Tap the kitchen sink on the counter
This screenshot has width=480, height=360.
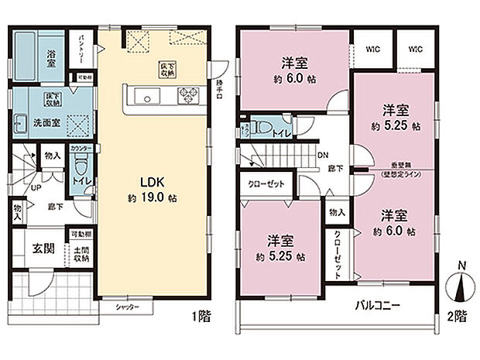click(146, 95)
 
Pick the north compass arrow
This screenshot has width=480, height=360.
click(462, 288)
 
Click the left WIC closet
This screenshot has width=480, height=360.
click(372, 47)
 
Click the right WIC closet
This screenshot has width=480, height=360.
click(416, 47)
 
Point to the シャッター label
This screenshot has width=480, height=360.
click(128, 307)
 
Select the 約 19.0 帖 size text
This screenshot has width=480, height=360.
click(153, 198)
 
